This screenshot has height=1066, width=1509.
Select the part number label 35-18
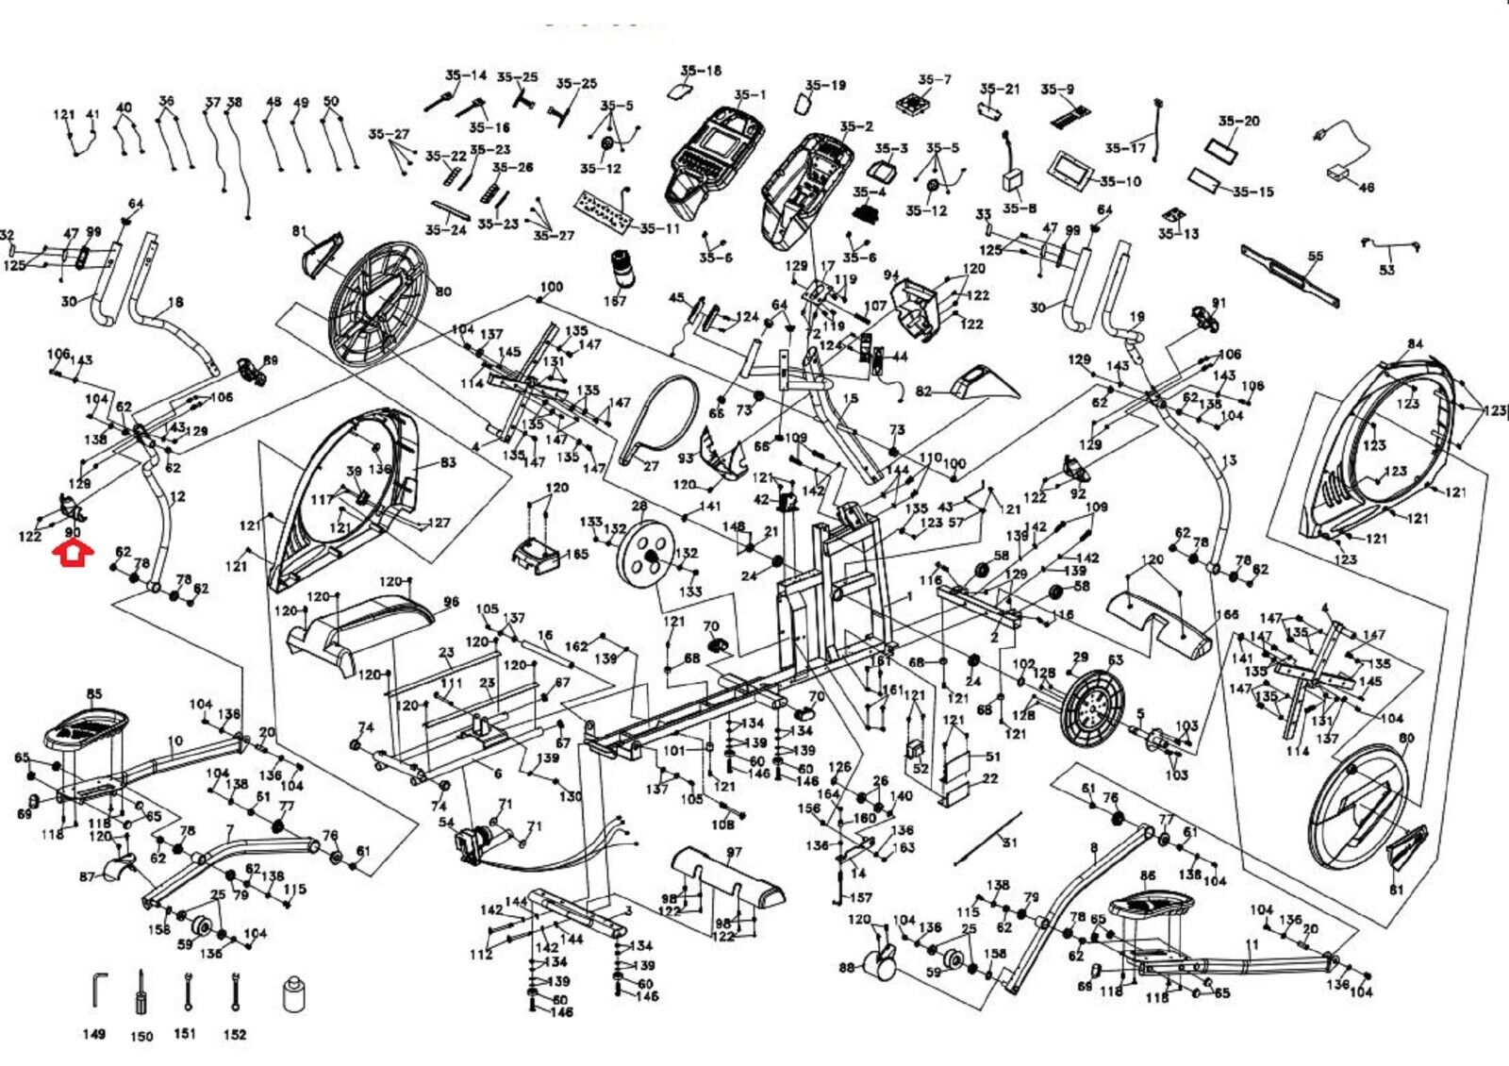701,71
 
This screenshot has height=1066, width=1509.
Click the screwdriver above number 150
141,991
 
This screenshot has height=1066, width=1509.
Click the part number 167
615,301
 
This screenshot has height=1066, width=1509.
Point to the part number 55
1316,256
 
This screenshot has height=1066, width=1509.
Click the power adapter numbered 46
1339,172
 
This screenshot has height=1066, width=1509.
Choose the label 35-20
1238,121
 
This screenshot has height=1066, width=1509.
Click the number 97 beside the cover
734,854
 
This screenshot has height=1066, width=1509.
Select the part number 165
575,554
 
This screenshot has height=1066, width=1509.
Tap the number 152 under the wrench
235,1034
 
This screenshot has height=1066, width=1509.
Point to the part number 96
451,602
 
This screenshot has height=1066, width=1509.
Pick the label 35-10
1119,181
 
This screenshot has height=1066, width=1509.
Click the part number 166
1227,615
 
